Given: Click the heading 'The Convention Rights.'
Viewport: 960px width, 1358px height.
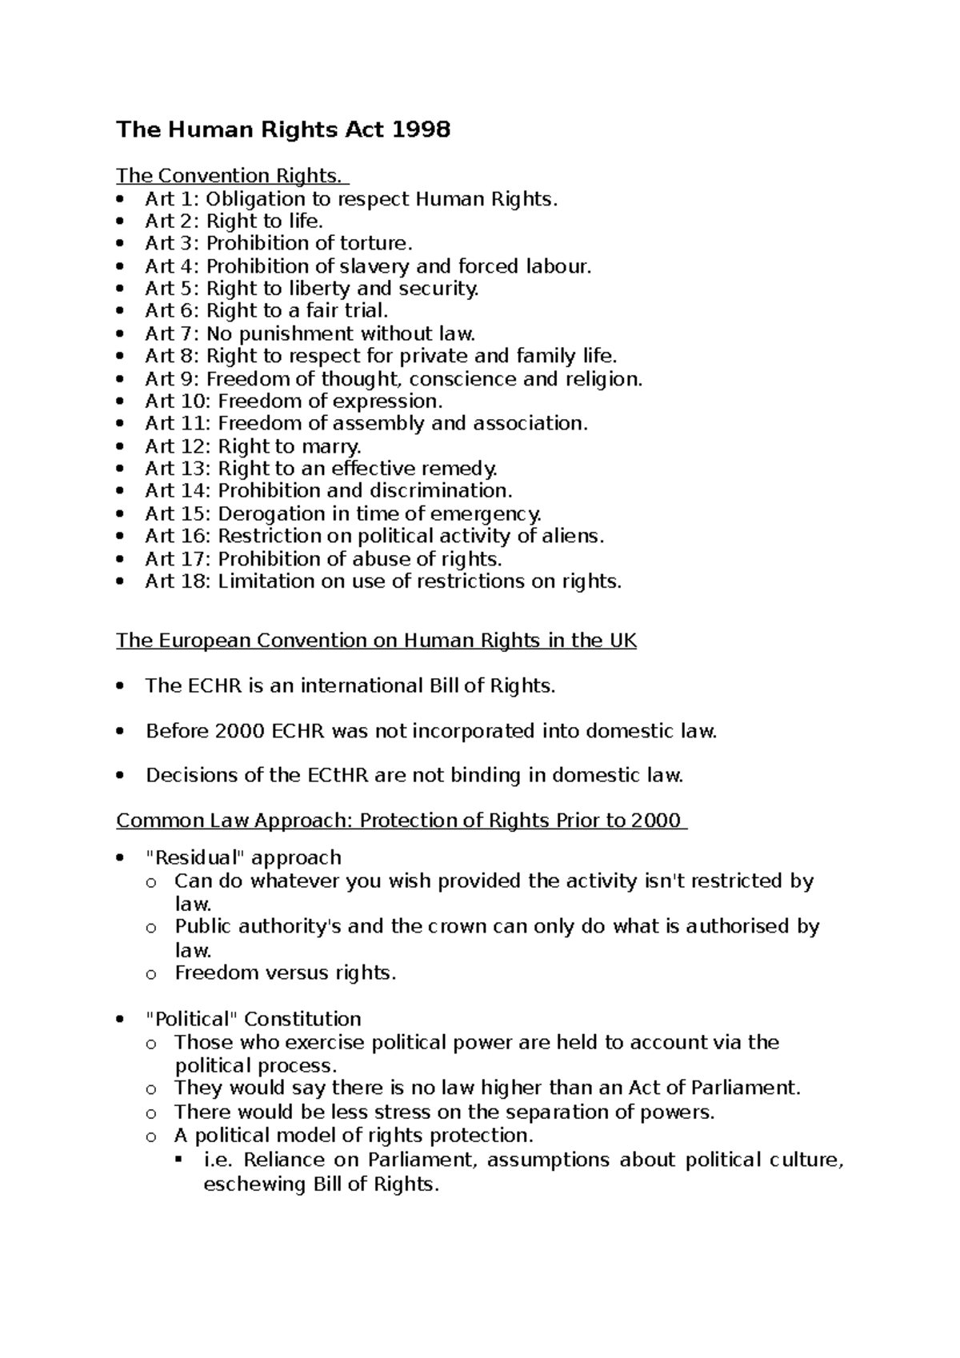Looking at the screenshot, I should click(x=232, y=175).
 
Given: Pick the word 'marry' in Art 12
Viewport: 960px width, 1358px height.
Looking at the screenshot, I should click(x=330, y=446).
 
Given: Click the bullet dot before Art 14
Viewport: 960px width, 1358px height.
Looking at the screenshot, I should click(x=121, y=492).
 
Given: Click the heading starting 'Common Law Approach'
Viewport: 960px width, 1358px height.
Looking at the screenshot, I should click(x=400, y=821).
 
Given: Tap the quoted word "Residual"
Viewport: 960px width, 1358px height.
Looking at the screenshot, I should click(x=196, y=857).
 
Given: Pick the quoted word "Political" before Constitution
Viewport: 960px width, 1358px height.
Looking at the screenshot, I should click(x=192, y=1019).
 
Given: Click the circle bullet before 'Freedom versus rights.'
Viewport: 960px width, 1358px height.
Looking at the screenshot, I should click(x=151, y=974).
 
